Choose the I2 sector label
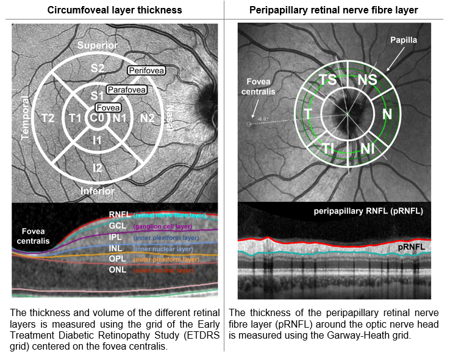98,168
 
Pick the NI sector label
368,148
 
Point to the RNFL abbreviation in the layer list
119,215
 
